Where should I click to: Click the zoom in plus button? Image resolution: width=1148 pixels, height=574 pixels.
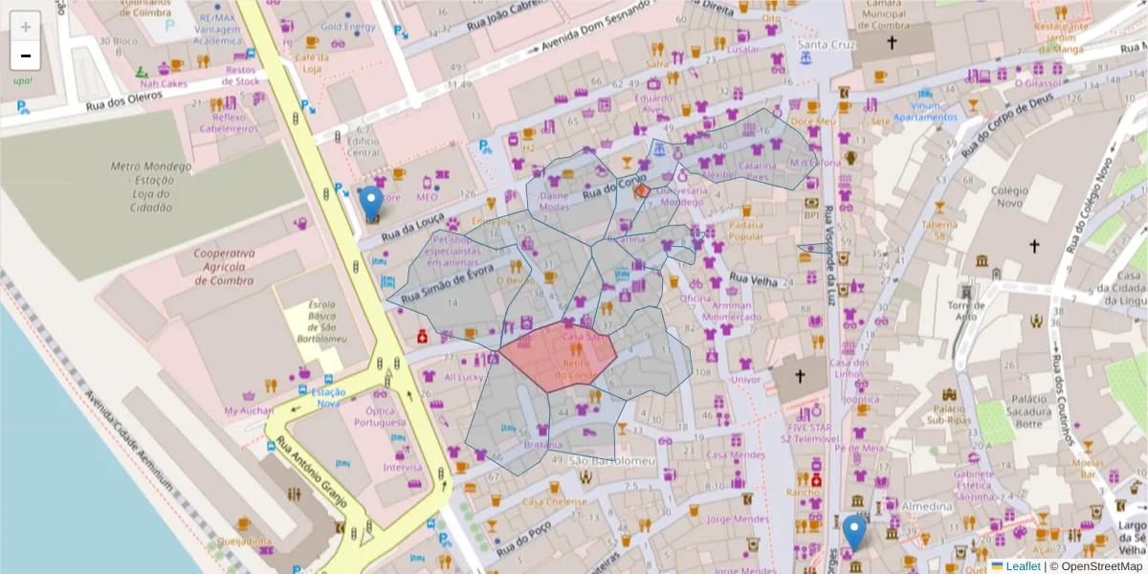pyautogui.click(x=26, y=26)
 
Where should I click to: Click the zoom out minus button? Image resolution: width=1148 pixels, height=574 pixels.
pyautogui.click(x=26, y=55)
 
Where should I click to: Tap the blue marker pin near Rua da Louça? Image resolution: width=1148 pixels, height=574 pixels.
pyautogui.click(x=371, y=204)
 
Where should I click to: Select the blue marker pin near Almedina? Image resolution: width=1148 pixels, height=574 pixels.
pyautogui.click(x=855, y=532)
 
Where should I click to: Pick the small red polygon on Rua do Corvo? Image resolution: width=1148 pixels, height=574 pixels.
pyautogui.click(x=643, y=191)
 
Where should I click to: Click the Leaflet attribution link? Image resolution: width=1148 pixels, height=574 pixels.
pyautogui.click(x=1022, y=566)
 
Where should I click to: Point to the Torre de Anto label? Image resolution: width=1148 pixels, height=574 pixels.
pyautogui.click(x=966, y=310)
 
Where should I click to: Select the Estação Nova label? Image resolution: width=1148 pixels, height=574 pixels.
pyautogui.click(x=328, y=397)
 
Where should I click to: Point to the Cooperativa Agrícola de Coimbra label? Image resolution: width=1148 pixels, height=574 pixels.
pyautogui.click(x=224, y=267)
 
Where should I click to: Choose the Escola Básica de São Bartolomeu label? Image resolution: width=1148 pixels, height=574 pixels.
pyautogui.click(x=321, y=321)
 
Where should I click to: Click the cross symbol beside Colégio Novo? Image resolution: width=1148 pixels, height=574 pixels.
pyautogui.click(x=1033, y=246)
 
